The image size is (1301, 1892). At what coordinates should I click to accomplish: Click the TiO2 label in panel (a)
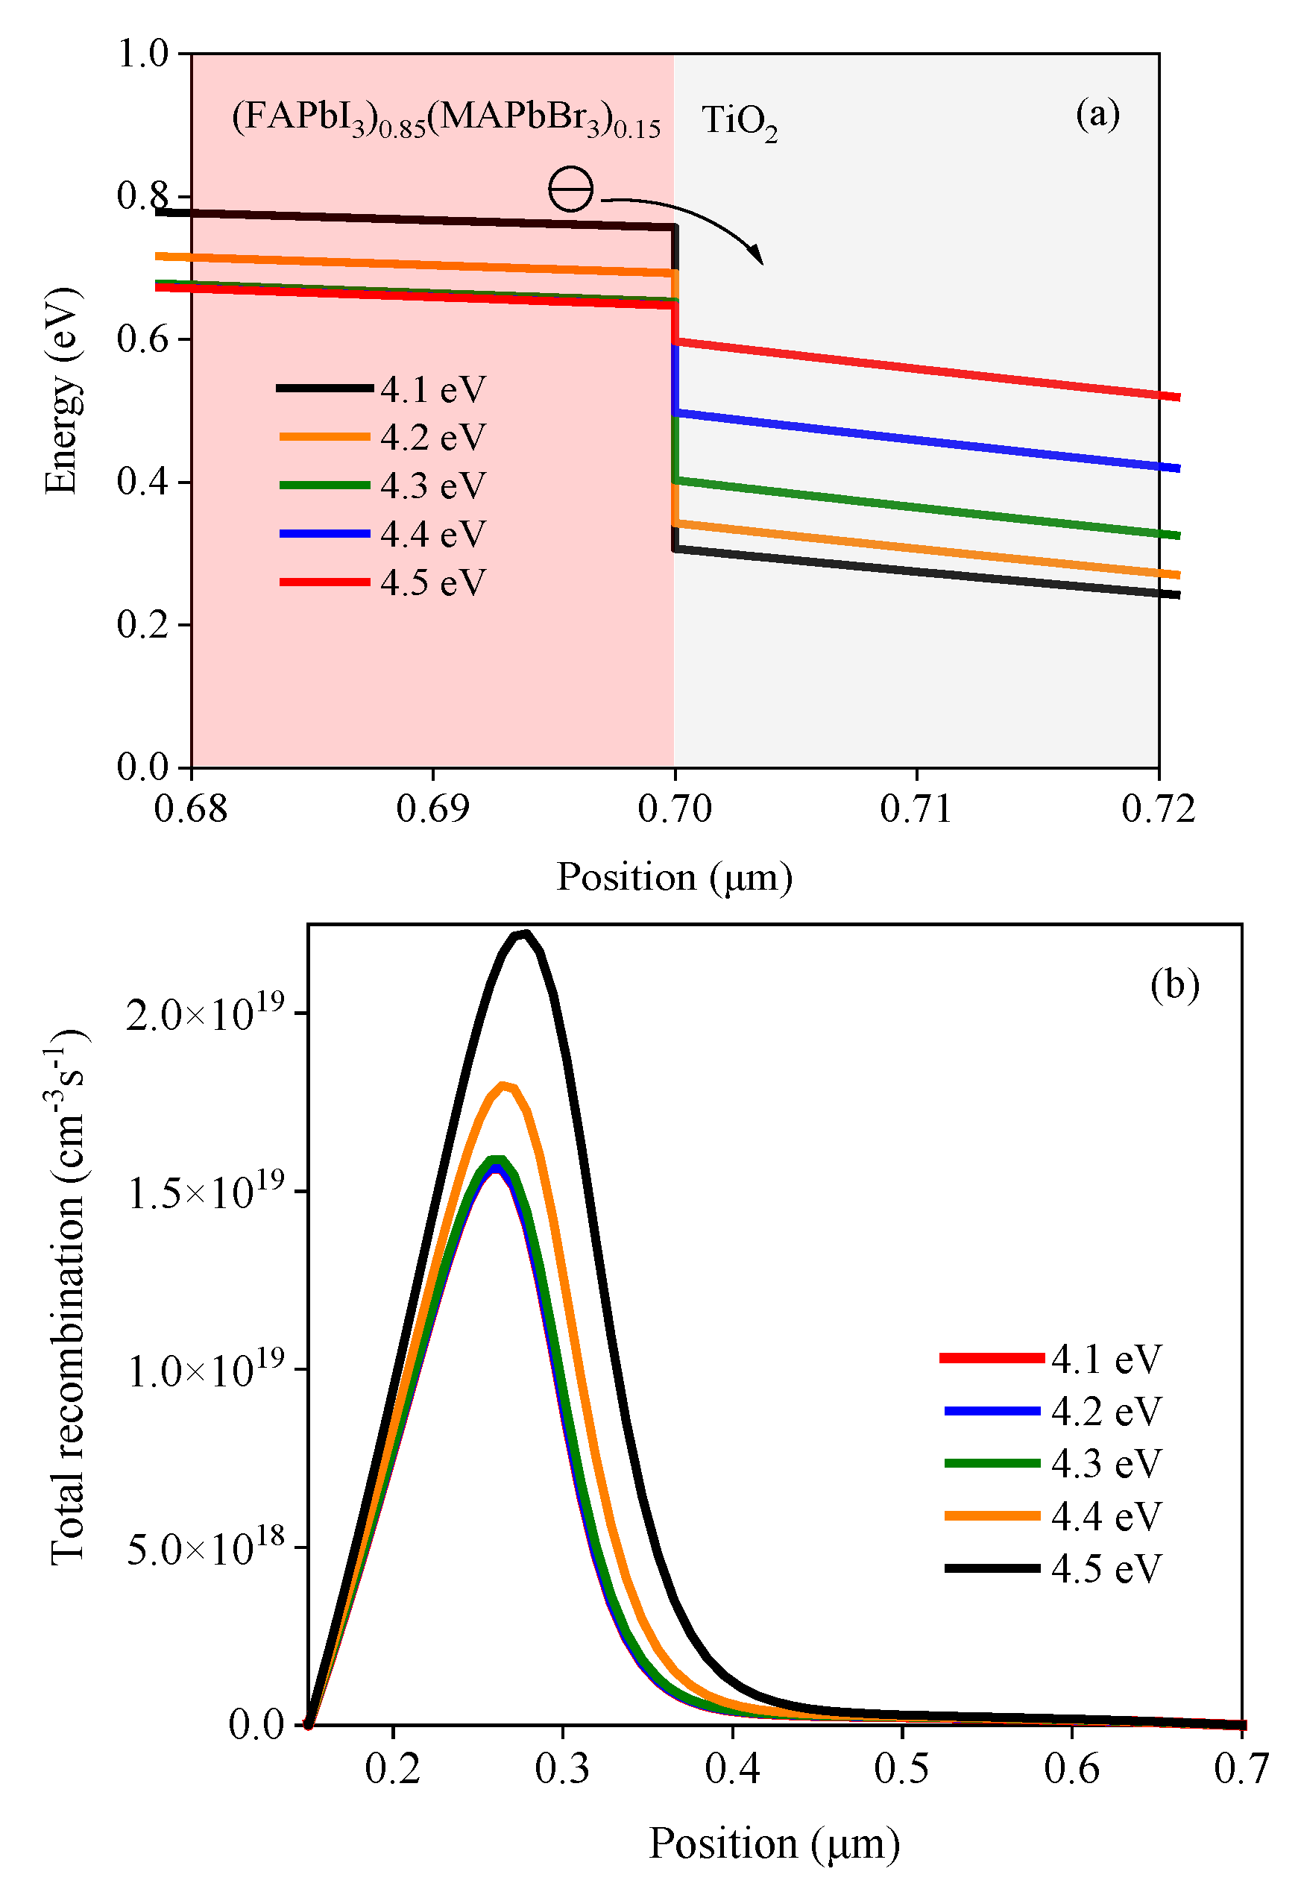pos(739,122)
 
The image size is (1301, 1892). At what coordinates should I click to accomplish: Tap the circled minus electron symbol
pos(570,189)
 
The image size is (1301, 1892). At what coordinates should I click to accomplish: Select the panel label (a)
pos(1097,113)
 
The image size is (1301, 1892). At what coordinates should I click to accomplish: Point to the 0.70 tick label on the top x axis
pos(674,808)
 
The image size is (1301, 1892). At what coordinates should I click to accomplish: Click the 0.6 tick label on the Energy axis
pos(142,339)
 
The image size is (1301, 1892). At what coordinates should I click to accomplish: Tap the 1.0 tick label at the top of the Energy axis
pos(142,54)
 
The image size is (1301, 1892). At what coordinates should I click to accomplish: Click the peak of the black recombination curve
pos(523,935)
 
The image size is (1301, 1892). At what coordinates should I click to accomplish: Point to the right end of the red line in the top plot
pos(1178,397)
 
